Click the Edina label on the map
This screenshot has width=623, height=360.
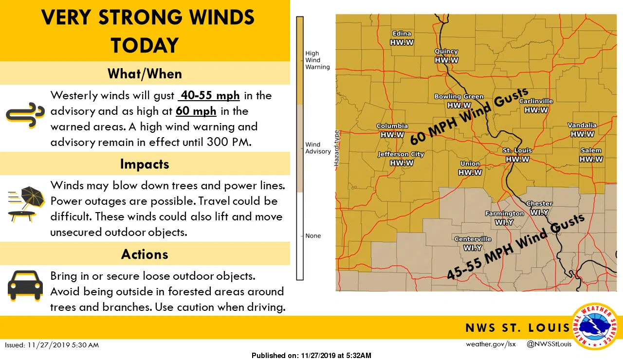click(402, 34)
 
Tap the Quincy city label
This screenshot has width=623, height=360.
click(446, 52)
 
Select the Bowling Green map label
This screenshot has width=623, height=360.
click(459, 96)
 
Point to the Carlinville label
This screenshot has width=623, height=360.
click(536, 101)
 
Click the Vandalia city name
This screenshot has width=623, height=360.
click(582, 126)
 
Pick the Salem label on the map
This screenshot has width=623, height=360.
click(591, 150)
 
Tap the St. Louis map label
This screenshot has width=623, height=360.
click(517, 150)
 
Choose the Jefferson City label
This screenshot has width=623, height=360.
click(402, 154)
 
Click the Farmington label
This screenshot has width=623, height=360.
click(505, 213)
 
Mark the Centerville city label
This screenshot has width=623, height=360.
click(473, 239)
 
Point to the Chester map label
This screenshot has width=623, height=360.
click(539, 204)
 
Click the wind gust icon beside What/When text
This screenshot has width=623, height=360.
click(25, 115)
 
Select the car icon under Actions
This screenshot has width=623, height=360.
click(25, 286)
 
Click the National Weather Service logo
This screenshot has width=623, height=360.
click(595, 326)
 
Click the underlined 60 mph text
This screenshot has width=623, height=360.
click(196, 111)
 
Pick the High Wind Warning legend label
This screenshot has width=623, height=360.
click(317, 60)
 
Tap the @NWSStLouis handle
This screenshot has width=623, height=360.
click(549, 344)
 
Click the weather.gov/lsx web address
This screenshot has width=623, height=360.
click(491, 344)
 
